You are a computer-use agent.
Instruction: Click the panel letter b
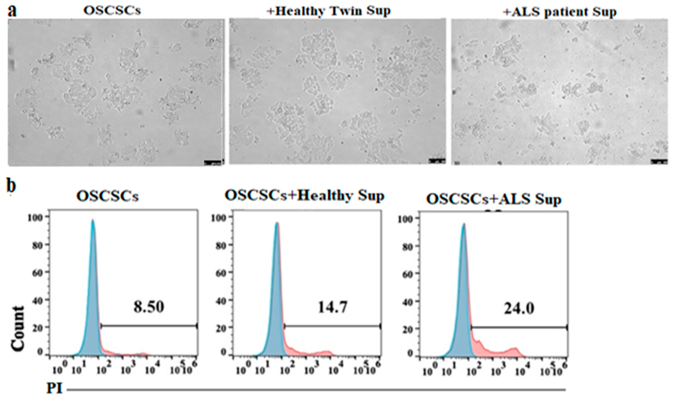tap(11, 186)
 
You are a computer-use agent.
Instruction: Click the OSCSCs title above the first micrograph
tap(112, 11)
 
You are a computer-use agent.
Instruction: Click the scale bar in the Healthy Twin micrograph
tap(437, 161)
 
